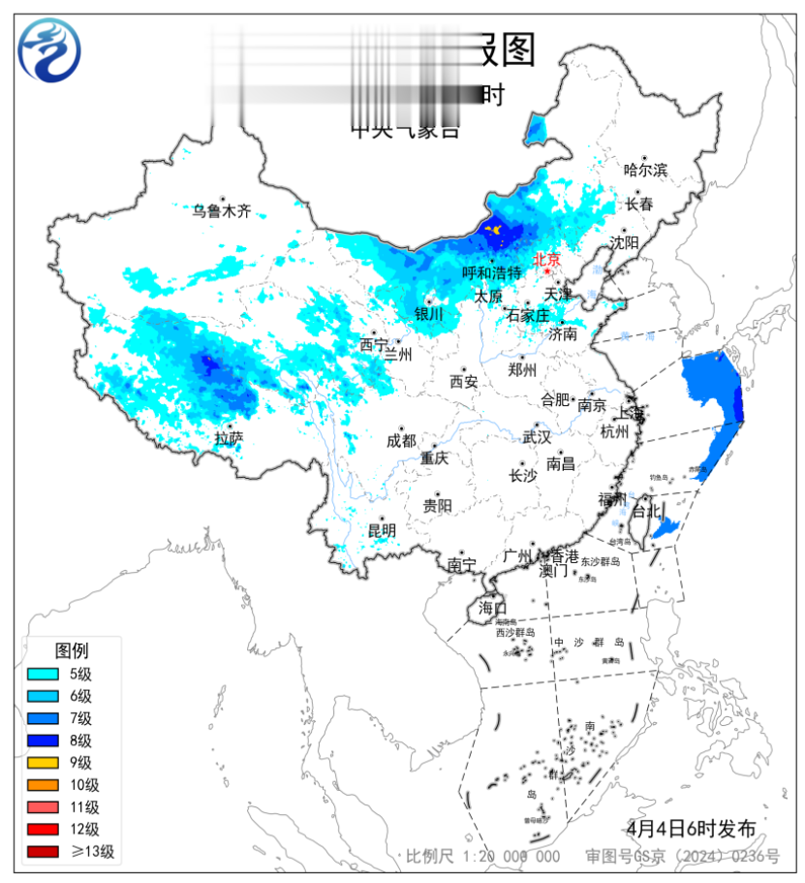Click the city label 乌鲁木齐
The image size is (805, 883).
tap(221, 210)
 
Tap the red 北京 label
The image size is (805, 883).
tap(547, 259)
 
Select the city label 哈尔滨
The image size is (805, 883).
tap(645, 170)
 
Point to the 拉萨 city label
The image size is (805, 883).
tap(229, 438)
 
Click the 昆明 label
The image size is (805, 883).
tap(382, 530)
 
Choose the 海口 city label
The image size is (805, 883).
tap(492, 608)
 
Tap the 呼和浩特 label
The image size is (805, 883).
tap(491, 273)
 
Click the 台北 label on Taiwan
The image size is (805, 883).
tap(645, 510)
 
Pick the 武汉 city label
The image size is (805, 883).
tap(536, 438)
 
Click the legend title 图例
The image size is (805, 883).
tap(72, 649)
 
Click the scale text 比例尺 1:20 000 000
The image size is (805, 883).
tap(482, 856)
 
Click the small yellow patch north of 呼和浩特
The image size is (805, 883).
tap(494, 230)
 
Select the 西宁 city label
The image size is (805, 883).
tap(373, 344)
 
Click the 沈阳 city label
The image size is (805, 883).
tap(624, 242)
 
